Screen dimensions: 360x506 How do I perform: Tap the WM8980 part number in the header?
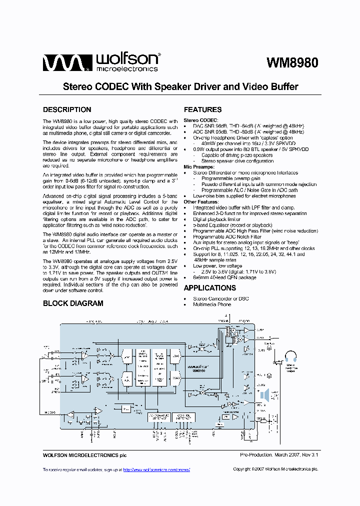pyautogui.click(x=292, y=63)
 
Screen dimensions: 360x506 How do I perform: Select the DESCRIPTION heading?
pyautogui.click(x=67, y=109)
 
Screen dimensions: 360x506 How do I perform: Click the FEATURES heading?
pyautogui.click(x=202, y=109)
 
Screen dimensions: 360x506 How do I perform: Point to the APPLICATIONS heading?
pyautogui.click(x=209, y=288)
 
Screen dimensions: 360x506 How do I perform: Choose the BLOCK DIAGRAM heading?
pyautogui.click(x=73, y=303)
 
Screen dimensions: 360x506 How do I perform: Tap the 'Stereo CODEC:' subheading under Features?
pyautogui.click(x=200, y=120)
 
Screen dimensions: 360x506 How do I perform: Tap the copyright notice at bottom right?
pyautogui.click(x=275, y=469)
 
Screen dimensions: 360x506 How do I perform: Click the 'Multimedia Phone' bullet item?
pyautogui.click(x=212, y=304)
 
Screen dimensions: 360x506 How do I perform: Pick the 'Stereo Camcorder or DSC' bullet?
pyautogui.click(x=220, y=299)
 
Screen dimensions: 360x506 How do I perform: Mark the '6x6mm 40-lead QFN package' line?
pyautogui.click(x=222, y=277)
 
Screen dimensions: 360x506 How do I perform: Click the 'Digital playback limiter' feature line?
pyautogui.click(x=217, y=219)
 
